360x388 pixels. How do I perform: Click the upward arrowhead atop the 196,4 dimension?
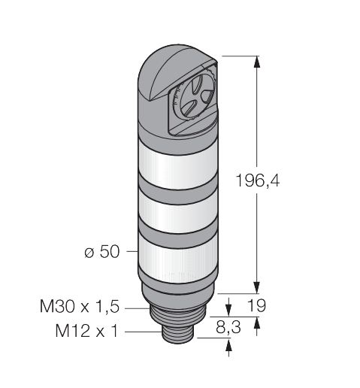click(x=259, y=62)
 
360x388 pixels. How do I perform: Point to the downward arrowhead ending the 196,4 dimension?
click(x=259, y=286)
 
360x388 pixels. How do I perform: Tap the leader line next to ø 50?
click(x=129, y=253)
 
